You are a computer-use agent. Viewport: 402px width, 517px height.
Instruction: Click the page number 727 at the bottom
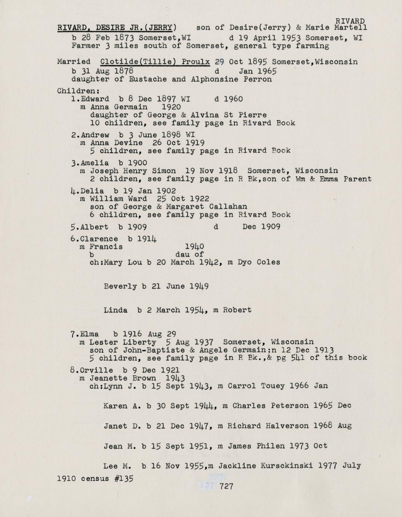click(226, 486)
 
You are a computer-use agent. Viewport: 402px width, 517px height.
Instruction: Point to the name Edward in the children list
click(95, 99)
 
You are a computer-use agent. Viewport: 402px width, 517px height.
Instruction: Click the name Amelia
click(95, 163)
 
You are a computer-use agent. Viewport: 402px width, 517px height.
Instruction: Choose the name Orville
click(96, 370)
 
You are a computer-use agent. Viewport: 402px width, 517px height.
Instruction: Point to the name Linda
click(115, 310)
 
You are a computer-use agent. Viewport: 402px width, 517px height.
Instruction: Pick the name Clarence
click(99, 239)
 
